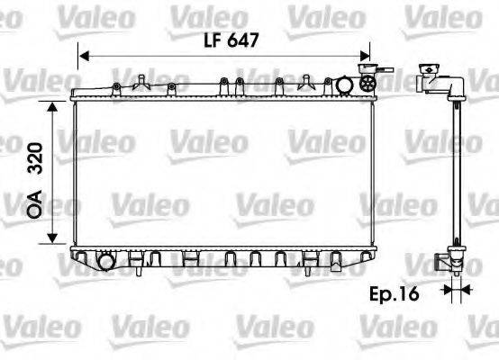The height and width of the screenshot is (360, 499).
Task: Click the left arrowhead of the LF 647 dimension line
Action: (x=85, y=55)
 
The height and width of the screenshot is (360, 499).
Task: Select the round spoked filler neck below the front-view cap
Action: (x=367, y=84)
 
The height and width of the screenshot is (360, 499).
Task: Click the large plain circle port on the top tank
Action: (x=347, y=85)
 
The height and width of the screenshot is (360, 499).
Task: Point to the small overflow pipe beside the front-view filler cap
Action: (x=385, y=68)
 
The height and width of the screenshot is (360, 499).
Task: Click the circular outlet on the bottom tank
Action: (x=105, y=262)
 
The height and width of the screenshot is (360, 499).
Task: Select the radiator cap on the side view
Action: (x=428, y=69)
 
